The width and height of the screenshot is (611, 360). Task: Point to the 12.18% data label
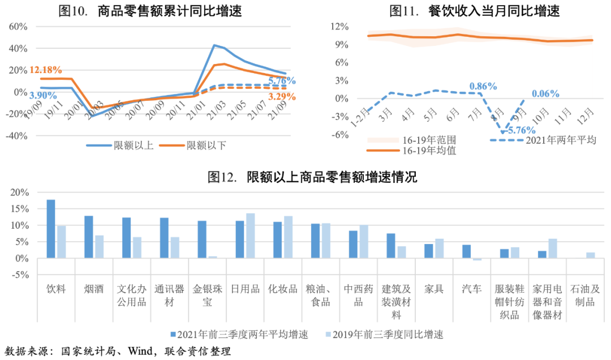point(46,70)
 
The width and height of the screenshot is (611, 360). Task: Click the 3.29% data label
point(282,97)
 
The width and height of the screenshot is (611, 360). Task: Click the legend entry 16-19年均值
point(429,151)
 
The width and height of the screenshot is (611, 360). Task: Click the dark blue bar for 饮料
point(51,229)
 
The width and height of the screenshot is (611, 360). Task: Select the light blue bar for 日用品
point(250,235)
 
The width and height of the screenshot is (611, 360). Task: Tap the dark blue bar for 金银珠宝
point(202,239)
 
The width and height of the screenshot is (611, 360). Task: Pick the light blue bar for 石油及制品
point(591,255)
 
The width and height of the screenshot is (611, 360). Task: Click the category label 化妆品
point(283,289)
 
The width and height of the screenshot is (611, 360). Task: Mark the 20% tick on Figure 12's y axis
point(19,192)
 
